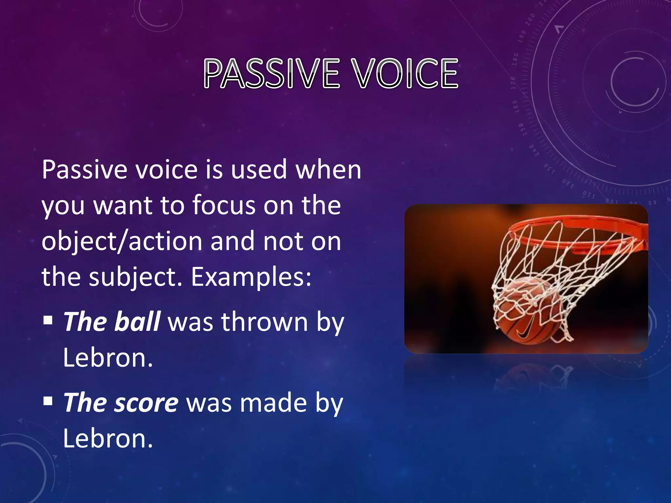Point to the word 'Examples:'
coord(251,277)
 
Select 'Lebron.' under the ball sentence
coord(108,358)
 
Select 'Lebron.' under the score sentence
coord(108,438)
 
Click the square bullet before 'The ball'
coord(48,320)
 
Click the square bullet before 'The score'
coord(48,400)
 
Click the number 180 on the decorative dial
coord(516,59)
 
